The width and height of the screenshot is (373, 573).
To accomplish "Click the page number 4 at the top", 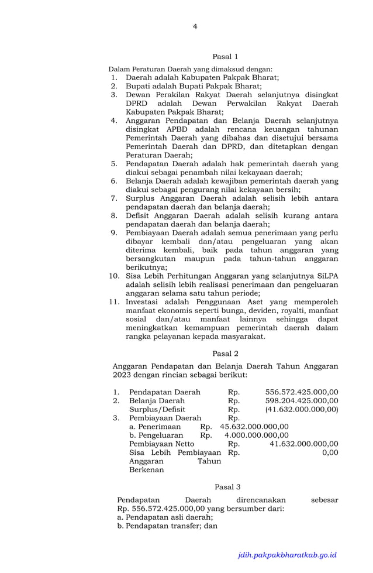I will click(195, 26).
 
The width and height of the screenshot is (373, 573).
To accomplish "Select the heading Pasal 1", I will click(225, 57).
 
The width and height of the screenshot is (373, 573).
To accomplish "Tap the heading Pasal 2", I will click(225, 353).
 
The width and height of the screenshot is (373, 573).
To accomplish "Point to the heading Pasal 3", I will click(227, 486).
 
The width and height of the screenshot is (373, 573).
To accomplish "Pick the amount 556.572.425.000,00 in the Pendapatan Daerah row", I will click(302, 392).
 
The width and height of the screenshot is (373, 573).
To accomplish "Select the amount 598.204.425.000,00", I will click(302, 401).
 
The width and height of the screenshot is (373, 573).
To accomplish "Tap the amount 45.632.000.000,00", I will click(254, 427).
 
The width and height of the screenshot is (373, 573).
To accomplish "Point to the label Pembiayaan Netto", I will click(161, 444).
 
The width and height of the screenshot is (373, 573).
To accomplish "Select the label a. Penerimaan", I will click(155, 427).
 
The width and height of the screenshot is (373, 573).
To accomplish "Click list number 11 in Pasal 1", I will click(114, 302).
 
